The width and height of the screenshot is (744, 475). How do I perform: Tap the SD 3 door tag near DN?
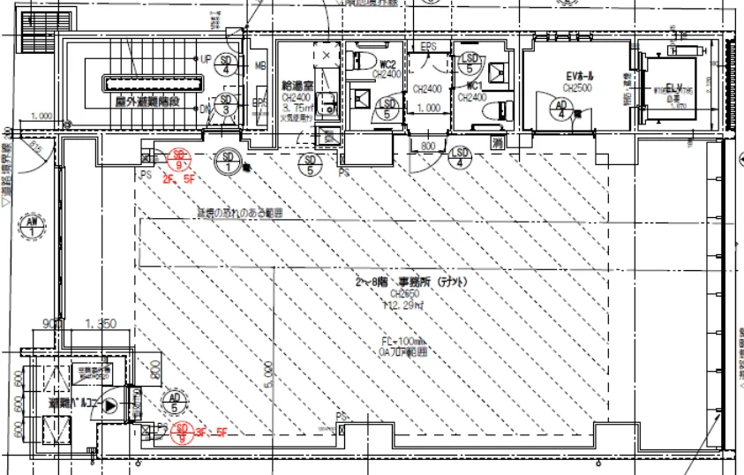point(227,105)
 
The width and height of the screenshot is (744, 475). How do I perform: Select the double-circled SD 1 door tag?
point(229,162)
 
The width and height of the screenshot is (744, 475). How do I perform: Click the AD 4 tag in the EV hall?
point(561,109)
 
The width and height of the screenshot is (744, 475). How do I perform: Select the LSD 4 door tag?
point(459,158)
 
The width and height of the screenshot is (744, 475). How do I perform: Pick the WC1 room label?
point(473,86)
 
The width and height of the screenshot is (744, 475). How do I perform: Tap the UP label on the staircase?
point(206,59)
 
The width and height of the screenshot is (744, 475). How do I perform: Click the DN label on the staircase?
point(206,109)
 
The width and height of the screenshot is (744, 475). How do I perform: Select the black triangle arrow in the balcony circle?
point(110,406)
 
